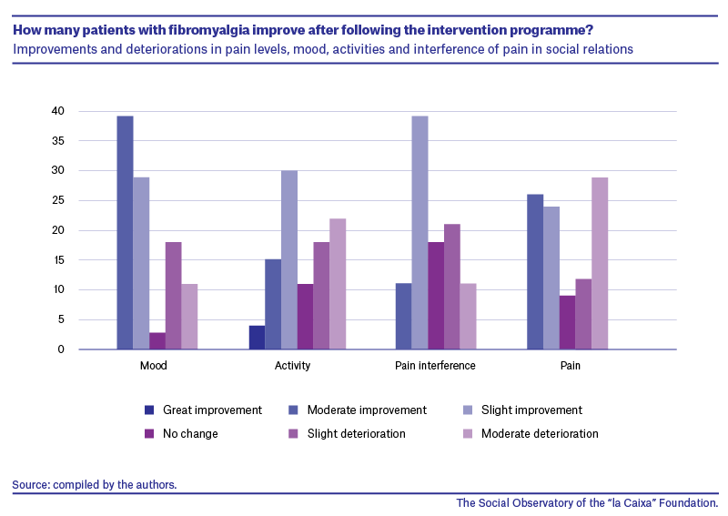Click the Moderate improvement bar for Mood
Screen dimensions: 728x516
(x=125, y=232)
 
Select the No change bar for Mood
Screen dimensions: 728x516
(x=157, y=341)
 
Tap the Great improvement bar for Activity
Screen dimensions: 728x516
(x=257, y=338)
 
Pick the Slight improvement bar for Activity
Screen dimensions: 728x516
(x=289, y=259)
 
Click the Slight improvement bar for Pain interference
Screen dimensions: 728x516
(x=420, y=232)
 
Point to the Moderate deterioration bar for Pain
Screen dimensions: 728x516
(x=600, y=263)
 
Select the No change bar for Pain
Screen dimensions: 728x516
(x=567, y=322)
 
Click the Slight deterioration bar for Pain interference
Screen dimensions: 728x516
(x=452, y=287)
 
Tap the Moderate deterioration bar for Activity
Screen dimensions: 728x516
(x=338, y=284)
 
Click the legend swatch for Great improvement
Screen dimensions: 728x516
(x=149, y=410)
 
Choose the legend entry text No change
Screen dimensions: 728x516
(x=190, y=434)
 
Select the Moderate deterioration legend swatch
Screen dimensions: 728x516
(x=468, y=434)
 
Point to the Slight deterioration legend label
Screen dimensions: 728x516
(x=356, y=434)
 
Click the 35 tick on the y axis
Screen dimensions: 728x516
(x=58, y=141)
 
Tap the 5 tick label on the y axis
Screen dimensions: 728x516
(x=61, y=319)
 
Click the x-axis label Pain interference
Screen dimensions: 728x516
(x=435, y=366)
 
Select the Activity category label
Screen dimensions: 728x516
(x=292, y=366)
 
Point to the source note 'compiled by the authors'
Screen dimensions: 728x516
(x=115, y=485)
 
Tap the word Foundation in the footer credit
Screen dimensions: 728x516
(x=689, y=503)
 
